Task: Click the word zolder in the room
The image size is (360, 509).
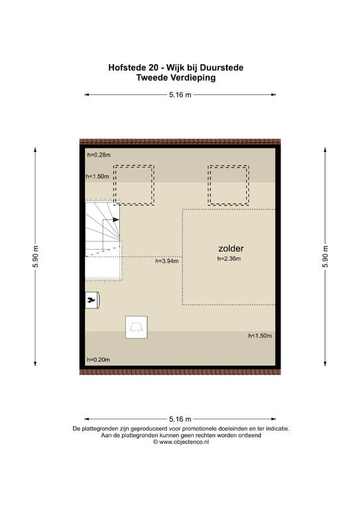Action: click(231, 249)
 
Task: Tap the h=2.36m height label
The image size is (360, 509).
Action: click(229, 258)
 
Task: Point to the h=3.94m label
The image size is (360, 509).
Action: click(167, 260)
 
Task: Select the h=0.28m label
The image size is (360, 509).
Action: click(99, 155)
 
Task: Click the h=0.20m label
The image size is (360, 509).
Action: click(98, 360)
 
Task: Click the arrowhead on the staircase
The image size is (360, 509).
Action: click(116, 220)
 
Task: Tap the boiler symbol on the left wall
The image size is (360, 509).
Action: click(92, 300)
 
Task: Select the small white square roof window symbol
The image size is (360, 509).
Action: click(137, 327)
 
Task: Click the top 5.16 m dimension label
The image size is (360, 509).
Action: click(180, 95)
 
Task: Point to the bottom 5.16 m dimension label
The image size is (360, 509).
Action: click(180, 419)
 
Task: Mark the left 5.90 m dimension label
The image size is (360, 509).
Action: click(35, 256)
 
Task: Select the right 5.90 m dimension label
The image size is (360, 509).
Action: click(326, 256)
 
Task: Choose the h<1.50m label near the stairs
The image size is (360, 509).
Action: click(97, 176)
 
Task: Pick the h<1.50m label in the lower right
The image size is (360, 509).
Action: click(260, 335)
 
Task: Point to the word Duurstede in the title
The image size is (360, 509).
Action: click(221, 68)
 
